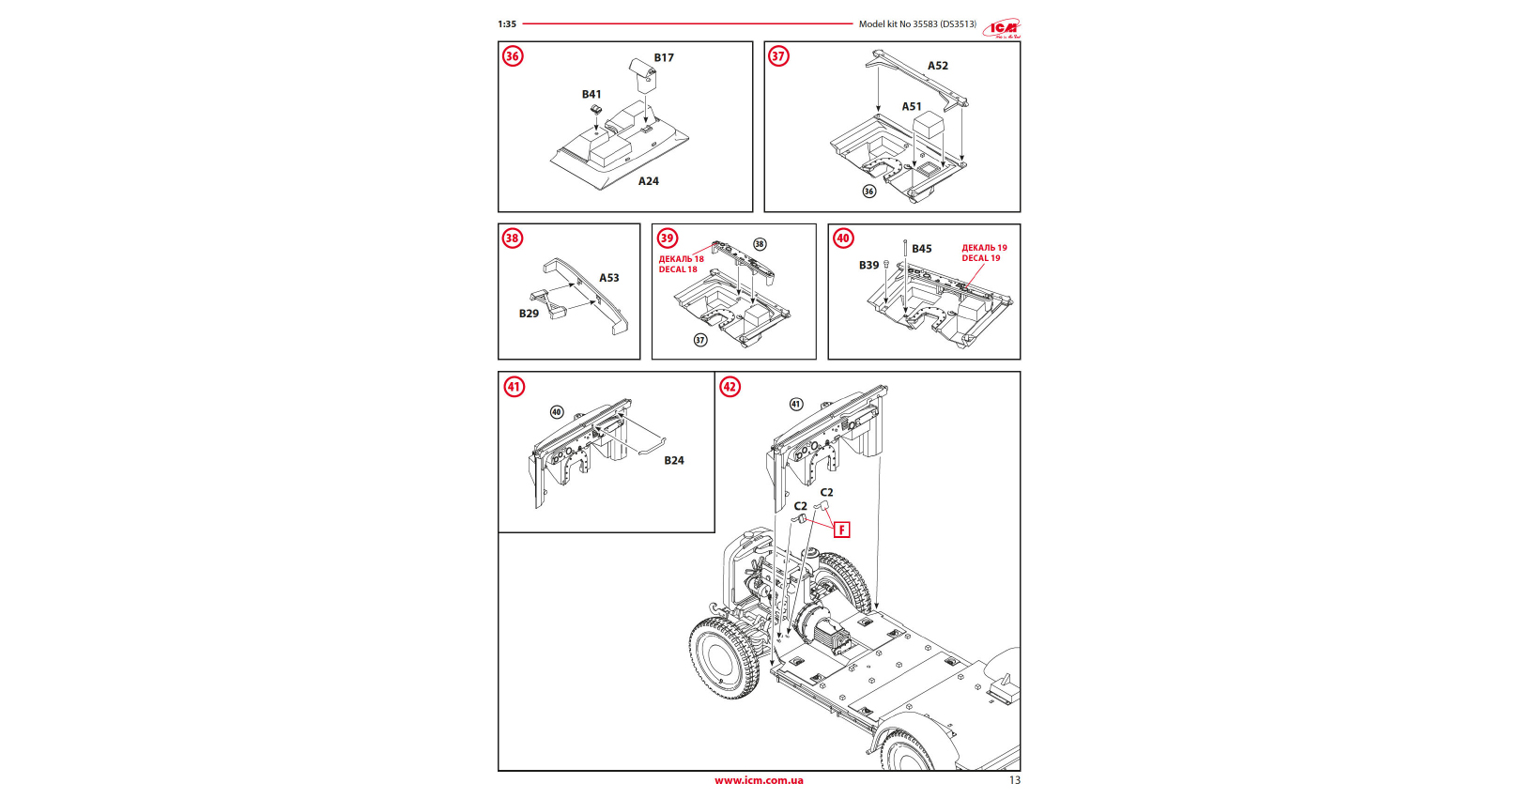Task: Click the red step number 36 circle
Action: pos(513,56)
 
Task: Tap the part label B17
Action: pos(664,58)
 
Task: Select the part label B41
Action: pos(591,95)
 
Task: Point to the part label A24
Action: pos(649,181)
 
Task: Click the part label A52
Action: pos(938,66)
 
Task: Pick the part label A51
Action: pos(912,107)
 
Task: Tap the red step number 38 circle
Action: pos(512,238)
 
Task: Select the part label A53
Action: pos(609,278)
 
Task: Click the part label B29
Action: pos(530,314)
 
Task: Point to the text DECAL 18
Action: pos(678,269)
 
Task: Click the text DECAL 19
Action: pos(981,258)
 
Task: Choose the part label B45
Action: pos(922,249)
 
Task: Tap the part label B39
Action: pos(868,266)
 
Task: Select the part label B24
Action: pos(674,461)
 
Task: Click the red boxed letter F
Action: pos(842,530)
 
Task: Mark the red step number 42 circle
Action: pos(730,387)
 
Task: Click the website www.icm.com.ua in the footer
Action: pos(759,780)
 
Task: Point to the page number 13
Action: pos(1014,780)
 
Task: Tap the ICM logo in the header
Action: pos(1002,28)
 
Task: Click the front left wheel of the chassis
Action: pos(723,658)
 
